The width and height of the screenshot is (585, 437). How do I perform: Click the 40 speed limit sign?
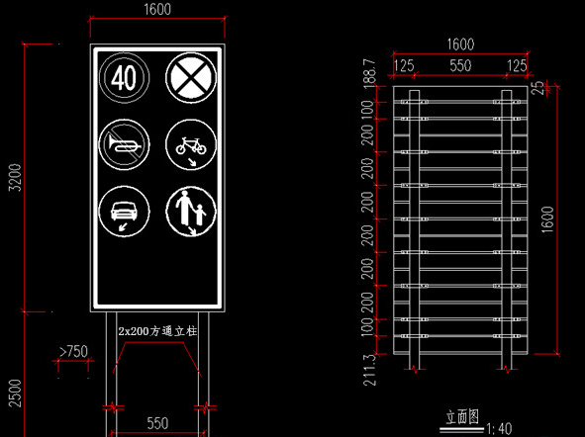coord(125,77)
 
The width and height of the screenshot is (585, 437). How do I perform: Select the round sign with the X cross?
coord(191,77)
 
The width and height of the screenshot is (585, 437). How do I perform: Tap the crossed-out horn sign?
coord(125,144)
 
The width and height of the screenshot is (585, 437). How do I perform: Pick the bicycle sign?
coord(191,144)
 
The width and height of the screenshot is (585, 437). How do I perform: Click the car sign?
coord(125,212)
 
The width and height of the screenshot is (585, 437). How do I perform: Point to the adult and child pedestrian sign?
coord(191,212)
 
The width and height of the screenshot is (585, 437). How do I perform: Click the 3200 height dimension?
coord(16,177)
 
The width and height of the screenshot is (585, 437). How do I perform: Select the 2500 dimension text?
coord(16,393)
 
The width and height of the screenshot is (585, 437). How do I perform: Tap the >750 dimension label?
coord(73,351)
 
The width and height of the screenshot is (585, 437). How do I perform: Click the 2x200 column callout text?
coord(157,331)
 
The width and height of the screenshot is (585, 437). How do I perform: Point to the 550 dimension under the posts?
coord(157,423)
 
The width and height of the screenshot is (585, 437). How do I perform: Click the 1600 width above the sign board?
coord(157,10)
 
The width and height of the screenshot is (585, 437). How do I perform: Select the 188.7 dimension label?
coord(369,73)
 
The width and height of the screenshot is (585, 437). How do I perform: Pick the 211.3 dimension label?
coord(369,370)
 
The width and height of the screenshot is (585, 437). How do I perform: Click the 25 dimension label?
coord(537,88)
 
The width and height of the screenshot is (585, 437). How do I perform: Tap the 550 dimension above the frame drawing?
coord(460,65)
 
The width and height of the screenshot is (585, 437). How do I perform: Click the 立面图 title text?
coord(462,417)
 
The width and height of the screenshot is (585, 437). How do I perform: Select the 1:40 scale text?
coord(499,429)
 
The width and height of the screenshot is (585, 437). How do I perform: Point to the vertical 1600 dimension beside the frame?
coord(547,219)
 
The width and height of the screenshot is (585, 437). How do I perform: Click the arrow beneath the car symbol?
coord(123,226)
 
